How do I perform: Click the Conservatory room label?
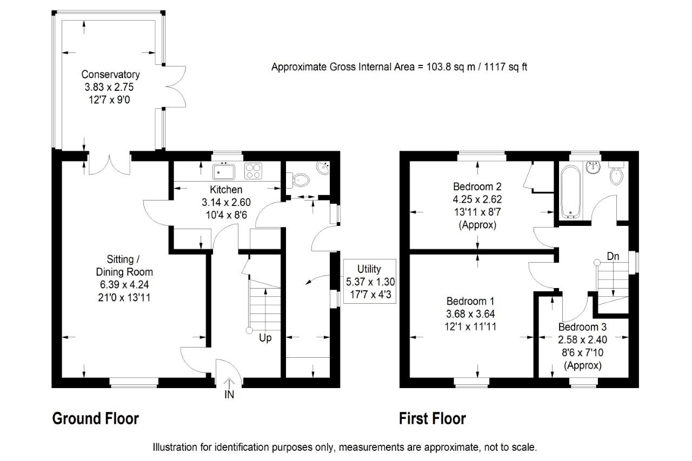pyautogui.click(x=110, y=75)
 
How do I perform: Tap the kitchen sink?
pyautogui.click(x=224, y=172)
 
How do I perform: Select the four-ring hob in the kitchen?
pyautogui.click(x=253, y=171)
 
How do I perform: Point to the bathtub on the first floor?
pyautogui.click(x=570, y=192)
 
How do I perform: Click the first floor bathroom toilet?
pyautogui.click(x=616, y=172)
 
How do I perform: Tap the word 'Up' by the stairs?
pyautogui.click(x=265, y=338)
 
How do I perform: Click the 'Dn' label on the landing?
pyautogui.click(x=613, y=256)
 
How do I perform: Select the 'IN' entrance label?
pyautogui.click(x=229, y=395)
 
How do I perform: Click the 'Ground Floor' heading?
pyautogui.click(x=96, y=419)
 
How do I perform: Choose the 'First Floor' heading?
pyautogui.click(x=432, y=419)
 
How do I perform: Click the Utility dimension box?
pyautogui.click(x=369, y=281)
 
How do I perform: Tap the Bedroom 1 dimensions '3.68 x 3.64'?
pyautogui.click(x=470, y=314)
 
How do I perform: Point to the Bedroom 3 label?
pyautogui.click(x=582, y=327)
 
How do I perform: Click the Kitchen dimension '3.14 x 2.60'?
pyautogui.click(x=226, y=202)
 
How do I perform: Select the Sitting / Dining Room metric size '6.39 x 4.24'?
pyautogui.click(x=124, y=285)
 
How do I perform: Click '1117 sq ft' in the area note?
pyautogui.click(x=505, y=67)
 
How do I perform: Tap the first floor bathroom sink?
pyautogui.click(x=593, y=168)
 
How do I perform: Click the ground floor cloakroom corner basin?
pyautogui.click(x=323, y=168)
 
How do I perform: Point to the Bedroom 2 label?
pyautogui.click(x=477, y=186)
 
